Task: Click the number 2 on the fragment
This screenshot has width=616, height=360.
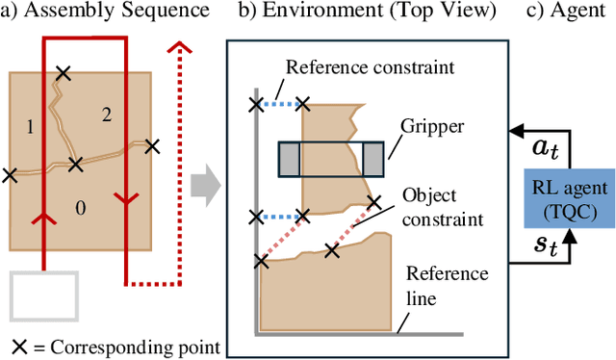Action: (106, 115)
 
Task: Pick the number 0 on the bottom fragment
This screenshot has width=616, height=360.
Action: (81, 207)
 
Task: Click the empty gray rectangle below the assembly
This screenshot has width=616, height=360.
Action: (44, 296)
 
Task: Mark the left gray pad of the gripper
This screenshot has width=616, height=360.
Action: (289, 158)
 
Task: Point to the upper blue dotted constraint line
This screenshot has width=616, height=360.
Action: (279, 103)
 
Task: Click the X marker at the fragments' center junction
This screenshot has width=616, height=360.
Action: (75, 164)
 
